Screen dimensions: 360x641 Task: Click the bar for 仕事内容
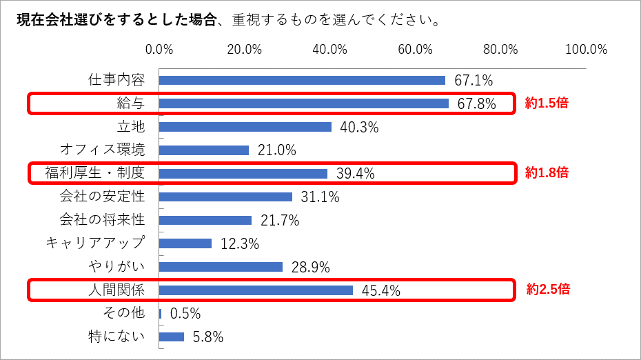click(x=302, y=80)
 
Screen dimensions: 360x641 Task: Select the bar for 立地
click(x=245, y=127)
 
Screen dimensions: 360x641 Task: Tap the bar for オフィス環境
click(x=203, y=150)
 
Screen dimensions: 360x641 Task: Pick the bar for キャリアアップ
click(x=185, y=243)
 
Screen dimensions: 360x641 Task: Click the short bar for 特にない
click(x=172, y=337)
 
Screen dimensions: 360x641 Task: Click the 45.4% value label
click(x=381, y=290)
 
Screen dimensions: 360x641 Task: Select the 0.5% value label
click(x=185, y=314)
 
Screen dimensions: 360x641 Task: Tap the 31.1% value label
click(x=320, y=197)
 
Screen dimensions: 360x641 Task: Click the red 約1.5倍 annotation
click(x=547, y=103)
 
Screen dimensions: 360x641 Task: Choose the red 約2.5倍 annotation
click(x=548, y=290)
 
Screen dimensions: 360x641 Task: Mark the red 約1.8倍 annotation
click(x=547, y=173)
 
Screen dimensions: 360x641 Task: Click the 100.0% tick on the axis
click(x=586, y=50)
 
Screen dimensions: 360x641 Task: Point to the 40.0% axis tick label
click(x=329, y=50)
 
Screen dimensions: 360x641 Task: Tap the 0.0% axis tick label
click(x=159, y=50)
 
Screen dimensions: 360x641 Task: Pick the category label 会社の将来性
click(x=102, y=220)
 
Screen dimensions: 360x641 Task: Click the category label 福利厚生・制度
click(x=95, y=173)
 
